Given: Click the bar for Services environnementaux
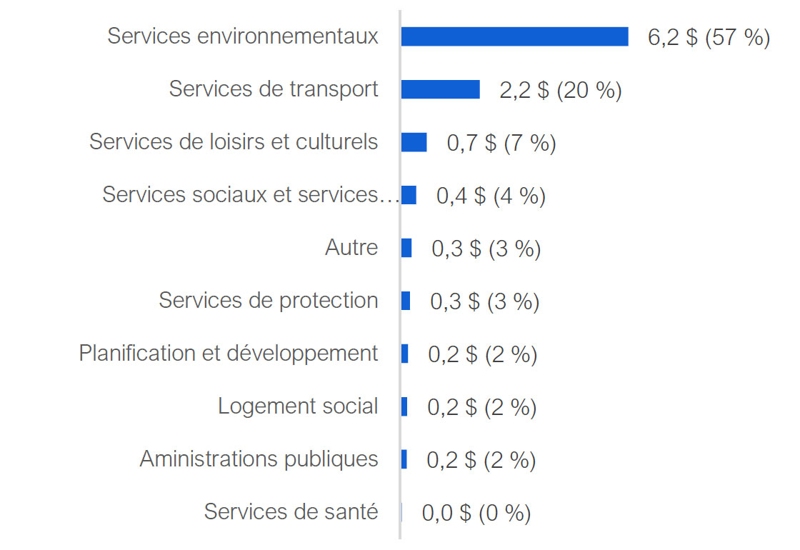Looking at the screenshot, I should tap(514, 36).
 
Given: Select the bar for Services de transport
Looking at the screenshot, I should tap(440, 89).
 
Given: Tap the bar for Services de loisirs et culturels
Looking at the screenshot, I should tap(414, 142).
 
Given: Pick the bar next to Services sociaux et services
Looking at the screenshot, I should tap(409, 195).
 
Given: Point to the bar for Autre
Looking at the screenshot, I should tap(406, 248).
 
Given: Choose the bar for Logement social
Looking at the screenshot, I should tap(404, 406).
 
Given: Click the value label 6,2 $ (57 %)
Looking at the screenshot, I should tap(709, 37).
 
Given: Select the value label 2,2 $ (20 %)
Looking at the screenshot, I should tap(561, 90).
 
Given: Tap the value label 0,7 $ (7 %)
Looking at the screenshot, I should tap(501, 143).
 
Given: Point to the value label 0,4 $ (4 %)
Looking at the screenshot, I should tap(491, 196).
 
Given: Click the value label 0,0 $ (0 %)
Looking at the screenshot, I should tap(476, 513).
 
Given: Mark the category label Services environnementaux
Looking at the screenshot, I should tap(243, 36).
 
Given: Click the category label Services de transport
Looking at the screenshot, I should tap(274, 89).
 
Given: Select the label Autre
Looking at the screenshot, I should tap(351, 247).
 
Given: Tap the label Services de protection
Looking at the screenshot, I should tap(269, 300).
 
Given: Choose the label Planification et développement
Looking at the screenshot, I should tap(229, 353).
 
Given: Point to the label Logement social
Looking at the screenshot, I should tap(298, 406).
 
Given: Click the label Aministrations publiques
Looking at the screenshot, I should tap(259, 459).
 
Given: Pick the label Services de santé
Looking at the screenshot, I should tap(291, 511).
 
